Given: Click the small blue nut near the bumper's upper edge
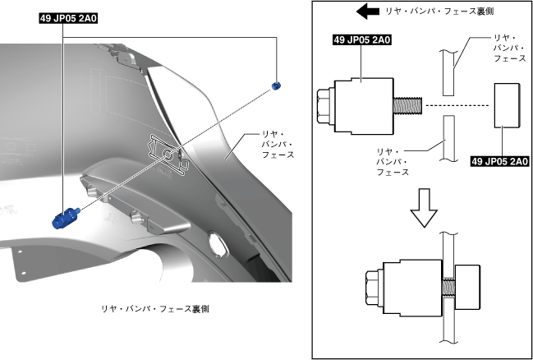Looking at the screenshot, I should coord(276,85).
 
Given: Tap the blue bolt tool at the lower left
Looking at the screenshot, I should coord(63,218).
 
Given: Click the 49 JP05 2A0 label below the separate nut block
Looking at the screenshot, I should coord(498,161).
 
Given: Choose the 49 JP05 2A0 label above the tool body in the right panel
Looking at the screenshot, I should coord(362,39).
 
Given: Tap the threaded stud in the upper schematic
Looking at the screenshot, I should coord(408,107).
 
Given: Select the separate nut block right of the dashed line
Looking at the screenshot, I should coord(506,105).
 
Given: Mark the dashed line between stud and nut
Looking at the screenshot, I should coord(457,107).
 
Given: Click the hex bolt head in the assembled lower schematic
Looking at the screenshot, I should coord(370,290).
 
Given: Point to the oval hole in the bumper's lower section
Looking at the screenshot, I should coord(220,243).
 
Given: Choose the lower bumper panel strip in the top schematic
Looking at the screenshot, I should coord(446,137).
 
